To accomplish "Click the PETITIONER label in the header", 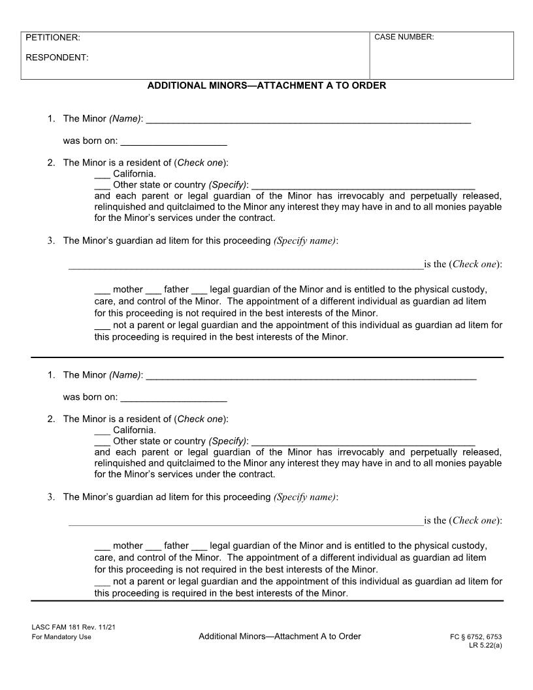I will pos(53,38).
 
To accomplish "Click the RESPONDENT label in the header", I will pos(57,57).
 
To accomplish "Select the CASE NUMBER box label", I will pos(404,37).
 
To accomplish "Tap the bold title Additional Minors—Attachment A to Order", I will pos(266,86).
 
